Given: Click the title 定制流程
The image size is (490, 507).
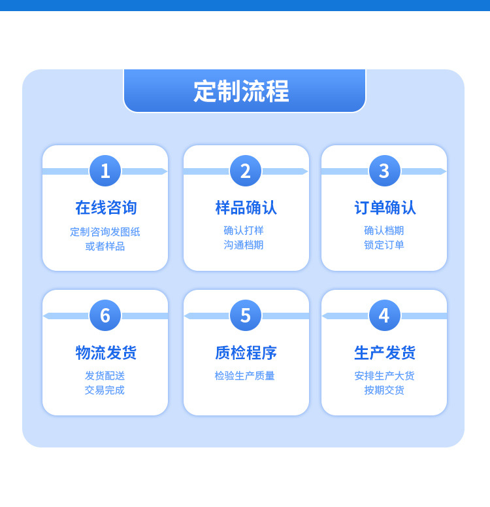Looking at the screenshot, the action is pos(241,91).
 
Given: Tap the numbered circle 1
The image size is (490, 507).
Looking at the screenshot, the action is pos(105,171).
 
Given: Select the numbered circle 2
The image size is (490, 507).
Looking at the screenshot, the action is pos(246,171).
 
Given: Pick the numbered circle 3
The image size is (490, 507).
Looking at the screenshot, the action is pos(384,171).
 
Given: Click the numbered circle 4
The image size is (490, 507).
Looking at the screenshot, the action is pos(384,315).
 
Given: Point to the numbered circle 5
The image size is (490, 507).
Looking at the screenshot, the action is pos(246,315).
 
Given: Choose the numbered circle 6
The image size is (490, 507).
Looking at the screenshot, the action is pos(105,315).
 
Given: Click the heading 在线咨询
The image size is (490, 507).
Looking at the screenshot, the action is pos(106,208).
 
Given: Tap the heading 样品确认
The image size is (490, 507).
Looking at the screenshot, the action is pos(246,208).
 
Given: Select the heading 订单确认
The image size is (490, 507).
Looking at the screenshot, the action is pos(385,208).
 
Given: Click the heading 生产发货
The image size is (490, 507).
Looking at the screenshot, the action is pos(385,353).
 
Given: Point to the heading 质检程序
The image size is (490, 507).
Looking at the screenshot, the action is pos(246,353).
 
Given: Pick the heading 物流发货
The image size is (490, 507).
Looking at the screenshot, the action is pos(106,353).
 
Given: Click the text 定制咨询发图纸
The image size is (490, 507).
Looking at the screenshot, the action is pos(105,232).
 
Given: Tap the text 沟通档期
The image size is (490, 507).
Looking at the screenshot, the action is pos(244,245).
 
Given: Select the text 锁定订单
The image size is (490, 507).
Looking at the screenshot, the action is pos(384,245).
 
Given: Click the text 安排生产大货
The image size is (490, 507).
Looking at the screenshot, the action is pos(384,376).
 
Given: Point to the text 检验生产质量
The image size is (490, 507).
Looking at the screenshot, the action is pos(244,376).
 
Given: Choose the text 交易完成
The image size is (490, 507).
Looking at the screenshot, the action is pos(105,390).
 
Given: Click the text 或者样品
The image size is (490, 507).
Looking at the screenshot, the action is pos(105,246).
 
